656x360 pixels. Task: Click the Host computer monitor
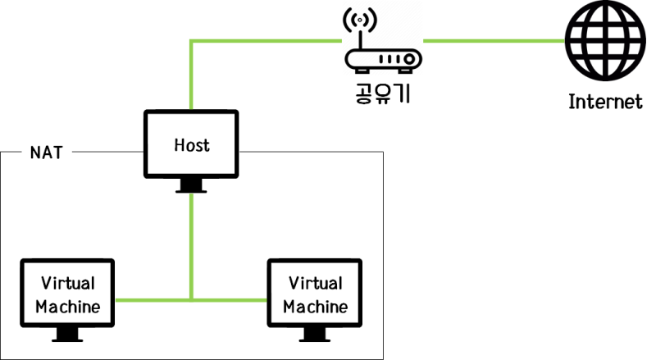coord(191,145)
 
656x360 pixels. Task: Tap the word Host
coord(192,145)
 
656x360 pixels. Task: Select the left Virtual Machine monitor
coord(68,294)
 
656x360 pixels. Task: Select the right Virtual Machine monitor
coord(316,294)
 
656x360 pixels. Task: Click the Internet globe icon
coord(605,41)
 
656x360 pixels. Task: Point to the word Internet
coord(605,103)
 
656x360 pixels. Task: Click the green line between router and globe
coord(492,39)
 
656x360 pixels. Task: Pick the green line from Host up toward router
coord(191,74)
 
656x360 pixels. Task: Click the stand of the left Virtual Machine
coord(68,335)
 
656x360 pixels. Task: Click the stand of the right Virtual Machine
coord(316,335)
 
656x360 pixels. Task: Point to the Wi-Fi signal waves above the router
coord(358,20)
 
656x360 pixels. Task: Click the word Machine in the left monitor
coord(69,307)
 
